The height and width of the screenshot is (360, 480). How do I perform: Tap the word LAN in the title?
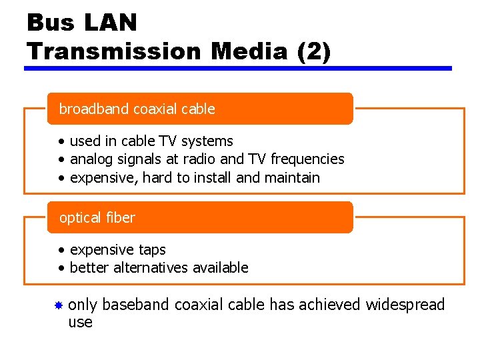pos(111,23)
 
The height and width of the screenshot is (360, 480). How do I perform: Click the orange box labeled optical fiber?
pos(199,217)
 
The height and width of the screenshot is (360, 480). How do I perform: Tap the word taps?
pos(152,250)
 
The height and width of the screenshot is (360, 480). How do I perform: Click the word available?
pos(220,268)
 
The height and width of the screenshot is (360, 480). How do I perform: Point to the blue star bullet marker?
pos(59,305)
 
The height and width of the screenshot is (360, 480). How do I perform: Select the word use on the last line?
pos(81,323)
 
